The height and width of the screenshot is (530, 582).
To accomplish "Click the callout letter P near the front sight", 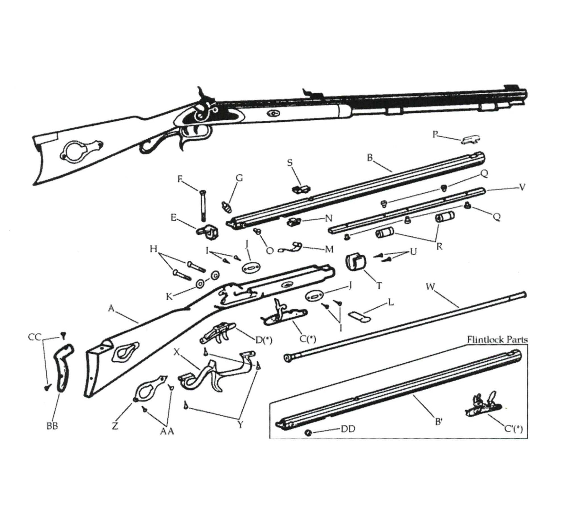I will (435, 134).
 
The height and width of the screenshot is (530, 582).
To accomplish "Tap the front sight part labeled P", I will (471, 140).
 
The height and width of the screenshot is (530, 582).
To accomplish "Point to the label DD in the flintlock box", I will (348, 429).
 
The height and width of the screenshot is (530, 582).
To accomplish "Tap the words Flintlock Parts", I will (497, 340).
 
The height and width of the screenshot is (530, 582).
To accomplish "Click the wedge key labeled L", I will (360, 316).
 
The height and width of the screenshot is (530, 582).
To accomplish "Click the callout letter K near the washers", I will (169, 296).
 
